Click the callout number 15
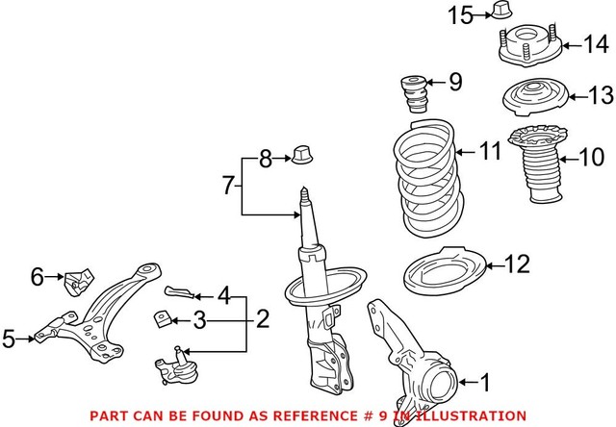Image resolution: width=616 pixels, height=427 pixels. point(458,14)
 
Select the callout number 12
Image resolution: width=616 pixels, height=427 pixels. point(517,263)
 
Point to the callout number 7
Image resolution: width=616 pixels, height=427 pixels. point(228,185)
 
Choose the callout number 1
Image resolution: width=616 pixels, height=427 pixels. point(485,383)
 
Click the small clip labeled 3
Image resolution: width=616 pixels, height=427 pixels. point(162,317)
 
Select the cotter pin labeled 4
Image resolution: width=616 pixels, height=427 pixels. point(179,290)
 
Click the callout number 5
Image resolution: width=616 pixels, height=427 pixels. point(9,339)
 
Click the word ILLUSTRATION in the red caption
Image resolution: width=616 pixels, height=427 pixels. point(457,415)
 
